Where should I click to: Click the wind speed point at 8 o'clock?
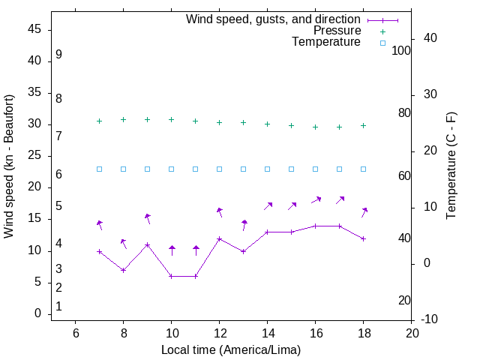coord(123,270)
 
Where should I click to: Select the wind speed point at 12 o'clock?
coord(219,238)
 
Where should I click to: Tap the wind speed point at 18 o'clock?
coord(363,238)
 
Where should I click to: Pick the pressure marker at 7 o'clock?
coord(99,121)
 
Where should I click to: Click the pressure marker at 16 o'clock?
coord(315,127)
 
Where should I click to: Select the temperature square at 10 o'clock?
coord(171,169)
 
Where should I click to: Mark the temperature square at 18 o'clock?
coord(363,169)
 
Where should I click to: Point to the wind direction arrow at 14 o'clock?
coord(268,205)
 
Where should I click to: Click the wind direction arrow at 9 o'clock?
coord(147,218)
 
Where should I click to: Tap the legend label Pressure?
coord(337,31)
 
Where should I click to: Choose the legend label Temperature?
coord(326,42)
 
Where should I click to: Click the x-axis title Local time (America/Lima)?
coord(231,349)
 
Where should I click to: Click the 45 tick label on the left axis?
coord(35,29)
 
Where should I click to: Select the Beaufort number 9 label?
coord(58,55)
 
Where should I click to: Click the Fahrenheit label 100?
coord(402,50)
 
